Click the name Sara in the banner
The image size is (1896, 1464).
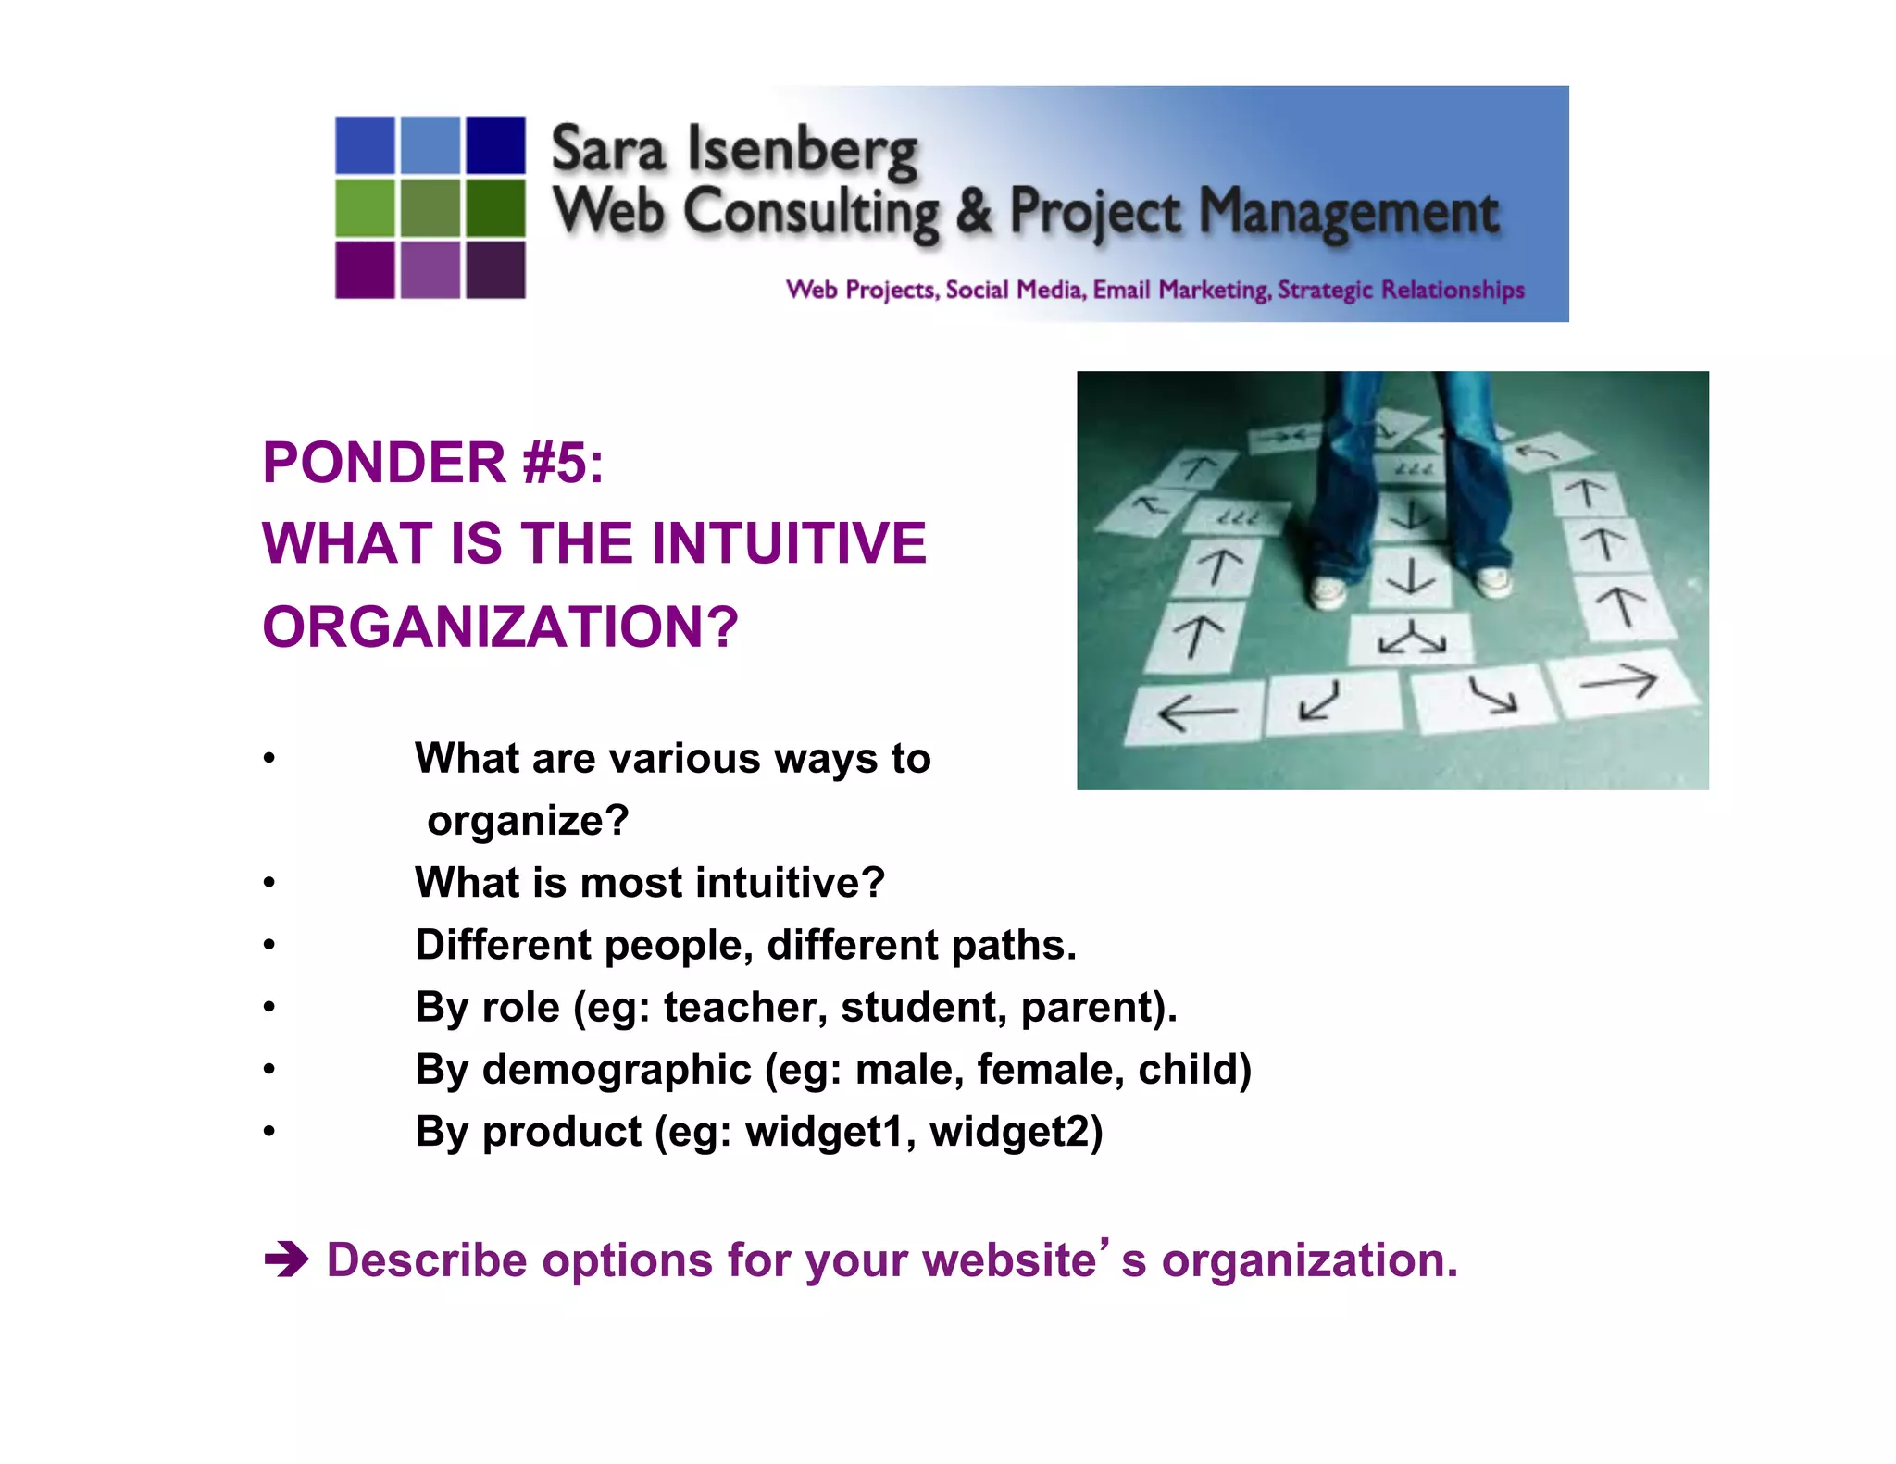(607, 150)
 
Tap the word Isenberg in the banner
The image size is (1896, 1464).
(802, 152)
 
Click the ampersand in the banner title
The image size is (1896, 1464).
(973, 211)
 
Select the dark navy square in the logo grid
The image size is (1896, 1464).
(495, 144)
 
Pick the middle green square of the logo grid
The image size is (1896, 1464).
(430, 208)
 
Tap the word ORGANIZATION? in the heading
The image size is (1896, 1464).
(500, 627)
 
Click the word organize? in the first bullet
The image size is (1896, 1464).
(528, 821)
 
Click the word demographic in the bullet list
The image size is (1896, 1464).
(617, 1070)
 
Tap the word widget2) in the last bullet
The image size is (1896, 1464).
(1016, 1132)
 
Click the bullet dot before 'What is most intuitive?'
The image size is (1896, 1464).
(268, 883)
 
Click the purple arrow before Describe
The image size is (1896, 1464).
(286, 1260)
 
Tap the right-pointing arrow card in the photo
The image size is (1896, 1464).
(1620, 684)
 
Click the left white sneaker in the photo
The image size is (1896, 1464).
(1329, 590)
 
